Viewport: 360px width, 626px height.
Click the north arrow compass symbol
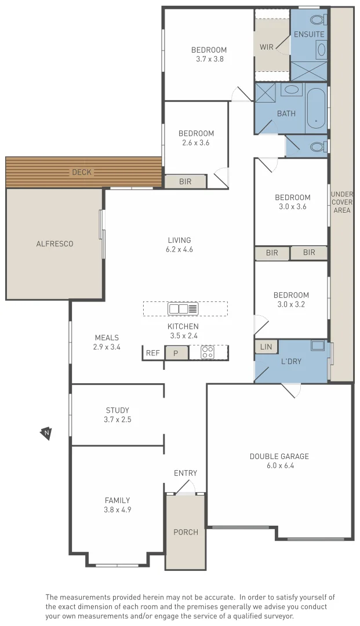click(x=46, y=432)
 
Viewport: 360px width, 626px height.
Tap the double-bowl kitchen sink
click(x=183, y=308)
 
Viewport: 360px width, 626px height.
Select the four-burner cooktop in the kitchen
click(x=208, y=352)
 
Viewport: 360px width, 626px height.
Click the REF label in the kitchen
click(x=153, y=352)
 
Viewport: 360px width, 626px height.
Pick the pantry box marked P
click(x=177, y=352)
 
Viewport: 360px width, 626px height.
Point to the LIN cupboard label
click(x=266, y=347)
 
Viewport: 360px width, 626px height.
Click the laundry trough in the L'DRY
click(x=318, y=346)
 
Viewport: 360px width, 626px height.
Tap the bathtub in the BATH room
click(x=316, y=108)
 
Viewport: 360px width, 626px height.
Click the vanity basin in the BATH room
click(x=292, y=90)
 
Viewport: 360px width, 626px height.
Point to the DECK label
click(x=82, y=172)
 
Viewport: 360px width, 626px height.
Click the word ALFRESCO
click(x=54, y=243)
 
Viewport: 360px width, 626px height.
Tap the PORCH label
click(x=186, y=532)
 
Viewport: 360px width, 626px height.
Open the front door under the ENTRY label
click(x=185, y=490)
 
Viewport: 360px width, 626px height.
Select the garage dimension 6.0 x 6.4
click(x=279, y=465)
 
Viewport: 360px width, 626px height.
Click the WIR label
click(x=267, y=48)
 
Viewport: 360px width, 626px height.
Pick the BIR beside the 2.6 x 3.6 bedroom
click(x=185, y=181)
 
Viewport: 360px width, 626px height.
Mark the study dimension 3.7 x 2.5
click(x=118, y=419)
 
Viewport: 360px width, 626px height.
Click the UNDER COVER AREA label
click(x=341, y=202)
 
